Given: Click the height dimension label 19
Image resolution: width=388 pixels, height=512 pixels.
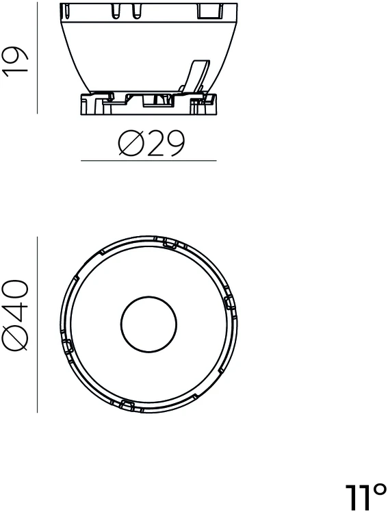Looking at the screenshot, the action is click(x=15, y=62).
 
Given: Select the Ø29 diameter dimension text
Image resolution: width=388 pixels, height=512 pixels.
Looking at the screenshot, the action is click(x=151, y=143).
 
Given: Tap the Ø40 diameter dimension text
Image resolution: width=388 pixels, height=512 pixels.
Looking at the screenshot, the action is click(x=15, y=316).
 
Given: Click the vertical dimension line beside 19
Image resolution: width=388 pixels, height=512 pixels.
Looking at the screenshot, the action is click(x=37, y=57).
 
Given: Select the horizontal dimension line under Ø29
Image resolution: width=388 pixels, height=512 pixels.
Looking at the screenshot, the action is click(x=148, y=161).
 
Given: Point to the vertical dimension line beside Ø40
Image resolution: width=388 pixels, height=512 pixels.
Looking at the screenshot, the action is click(x=37, y=324).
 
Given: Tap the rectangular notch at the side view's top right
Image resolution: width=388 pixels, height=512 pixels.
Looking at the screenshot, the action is click(x=210, y=11).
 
